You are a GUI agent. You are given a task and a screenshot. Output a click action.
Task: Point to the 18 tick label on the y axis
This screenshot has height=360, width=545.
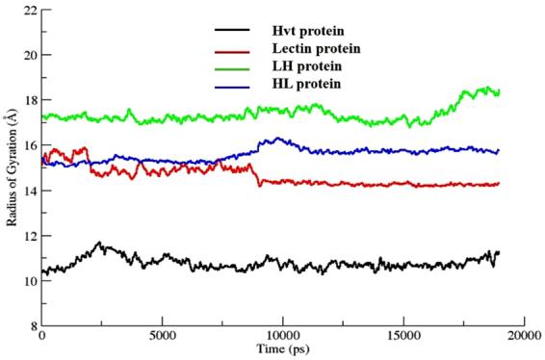coord(29,100)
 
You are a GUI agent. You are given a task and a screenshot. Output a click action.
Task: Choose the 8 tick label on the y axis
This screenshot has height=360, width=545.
coord(32,326)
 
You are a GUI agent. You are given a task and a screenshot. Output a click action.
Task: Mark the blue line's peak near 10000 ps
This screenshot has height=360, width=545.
coord(278,138)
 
